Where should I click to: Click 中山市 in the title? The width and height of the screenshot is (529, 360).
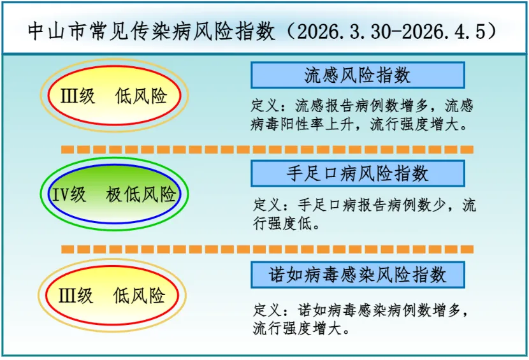pyautogui.click(x=56, y=31)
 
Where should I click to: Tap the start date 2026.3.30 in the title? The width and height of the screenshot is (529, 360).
pyautogui.click(x=344, y=31)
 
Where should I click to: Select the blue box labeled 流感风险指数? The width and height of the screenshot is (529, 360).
pyautogui.click(x=358, y=75)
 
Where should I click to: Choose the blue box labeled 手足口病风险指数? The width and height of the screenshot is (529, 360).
pyautogui.click(x=358, y=173)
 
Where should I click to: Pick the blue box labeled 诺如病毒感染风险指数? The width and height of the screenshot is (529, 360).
pyautogui.click(x=358, y=275)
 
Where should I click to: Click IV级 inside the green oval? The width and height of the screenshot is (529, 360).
pyautogui.click(x=69, y=194)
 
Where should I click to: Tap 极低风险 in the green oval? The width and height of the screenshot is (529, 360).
pyautogui.click(x=141, y=194)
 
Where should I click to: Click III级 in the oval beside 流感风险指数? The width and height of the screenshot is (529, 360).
pyautogui.click(x=78, y=96)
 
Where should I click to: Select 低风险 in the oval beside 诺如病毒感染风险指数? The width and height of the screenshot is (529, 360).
pyautogui.click(x=139, y=296)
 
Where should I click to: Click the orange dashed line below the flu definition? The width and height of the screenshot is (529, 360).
pyautogui.click(x=267, y=150)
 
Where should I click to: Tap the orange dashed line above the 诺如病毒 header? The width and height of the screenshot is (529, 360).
pyautogui.click(x=267, y=249)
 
